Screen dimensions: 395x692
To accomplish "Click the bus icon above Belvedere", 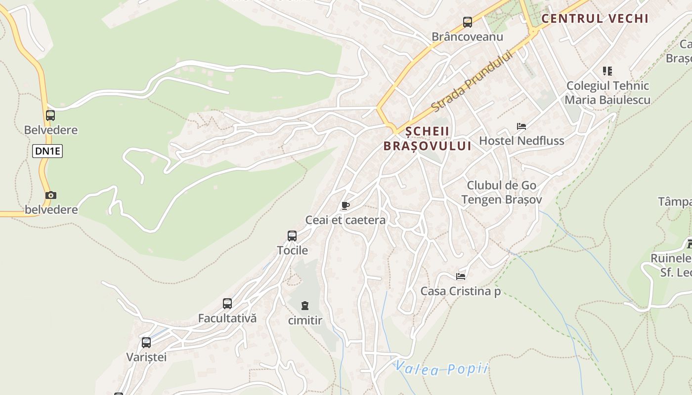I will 50,116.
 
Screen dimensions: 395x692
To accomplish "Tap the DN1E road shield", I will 47,151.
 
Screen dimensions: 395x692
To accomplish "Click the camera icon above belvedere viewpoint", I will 51,196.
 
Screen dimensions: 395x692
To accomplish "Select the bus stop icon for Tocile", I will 292,236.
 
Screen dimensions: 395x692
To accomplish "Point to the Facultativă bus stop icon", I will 227,304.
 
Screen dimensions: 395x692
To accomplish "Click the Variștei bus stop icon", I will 146,343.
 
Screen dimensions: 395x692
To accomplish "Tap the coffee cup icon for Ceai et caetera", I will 345,205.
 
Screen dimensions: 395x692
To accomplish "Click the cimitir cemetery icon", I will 305,306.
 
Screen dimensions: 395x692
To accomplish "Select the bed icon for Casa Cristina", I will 461,276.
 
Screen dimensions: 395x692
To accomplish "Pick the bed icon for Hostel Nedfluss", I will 521,126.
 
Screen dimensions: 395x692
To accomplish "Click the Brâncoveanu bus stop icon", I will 467,22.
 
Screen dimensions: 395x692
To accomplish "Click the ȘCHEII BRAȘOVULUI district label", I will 428,139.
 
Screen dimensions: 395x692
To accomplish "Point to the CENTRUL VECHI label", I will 595,19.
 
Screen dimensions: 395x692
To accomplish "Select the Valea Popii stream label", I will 441,368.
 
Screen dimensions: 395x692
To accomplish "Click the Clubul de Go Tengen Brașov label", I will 502,193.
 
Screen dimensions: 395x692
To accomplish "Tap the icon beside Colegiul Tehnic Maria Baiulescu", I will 607,71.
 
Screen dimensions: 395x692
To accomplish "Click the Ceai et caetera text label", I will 346,220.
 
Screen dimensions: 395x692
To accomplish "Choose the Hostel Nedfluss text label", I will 521,141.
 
